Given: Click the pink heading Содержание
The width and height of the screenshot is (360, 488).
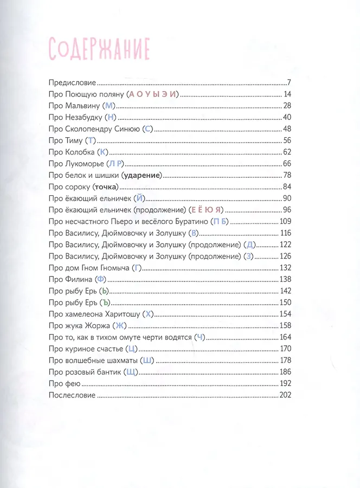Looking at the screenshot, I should click(x=99, y=49).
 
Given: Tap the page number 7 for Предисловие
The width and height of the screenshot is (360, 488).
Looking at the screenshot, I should click(x=290, y=83).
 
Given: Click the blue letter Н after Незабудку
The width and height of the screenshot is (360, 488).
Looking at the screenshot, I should click(x=112, y=117).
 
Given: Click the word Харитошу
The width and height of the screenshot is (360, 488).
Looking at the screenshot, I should click(x=120, y=313).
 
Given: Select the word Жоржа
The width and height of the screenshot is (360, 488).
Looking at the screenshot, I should click(x=95, y=325).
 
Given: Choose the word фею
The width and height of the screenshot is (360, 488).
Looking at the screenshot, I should click(x=70, y=383).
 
